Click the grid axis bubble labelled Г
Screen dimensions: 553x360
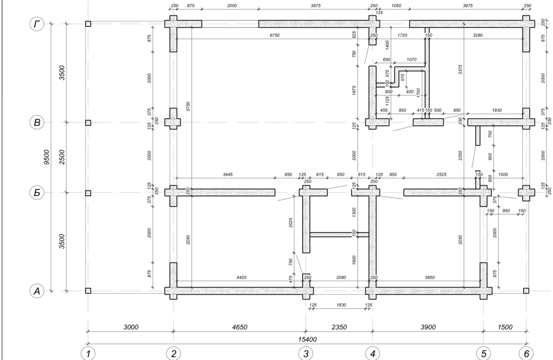tap(37, 24)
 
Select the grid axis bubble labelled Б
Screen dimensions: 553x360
tap(37, 193)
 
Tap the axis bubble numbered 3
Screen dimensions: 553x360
tap(306, 353)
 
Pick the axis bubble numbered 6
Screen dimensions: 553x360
tap(526, 353)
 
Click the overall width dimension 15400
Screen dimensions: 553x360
tap(308, 339)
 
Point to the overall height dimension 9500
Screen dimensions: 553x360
tap(47, 157)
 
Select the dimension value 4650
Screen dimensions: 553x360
tap(239, 327)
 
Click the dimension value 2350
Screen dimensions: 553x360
tap(339, 327)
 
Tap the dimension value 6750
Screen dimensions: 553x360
tap(274, 35)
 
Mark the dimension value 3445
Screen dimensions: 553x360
tap(228, 174)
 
